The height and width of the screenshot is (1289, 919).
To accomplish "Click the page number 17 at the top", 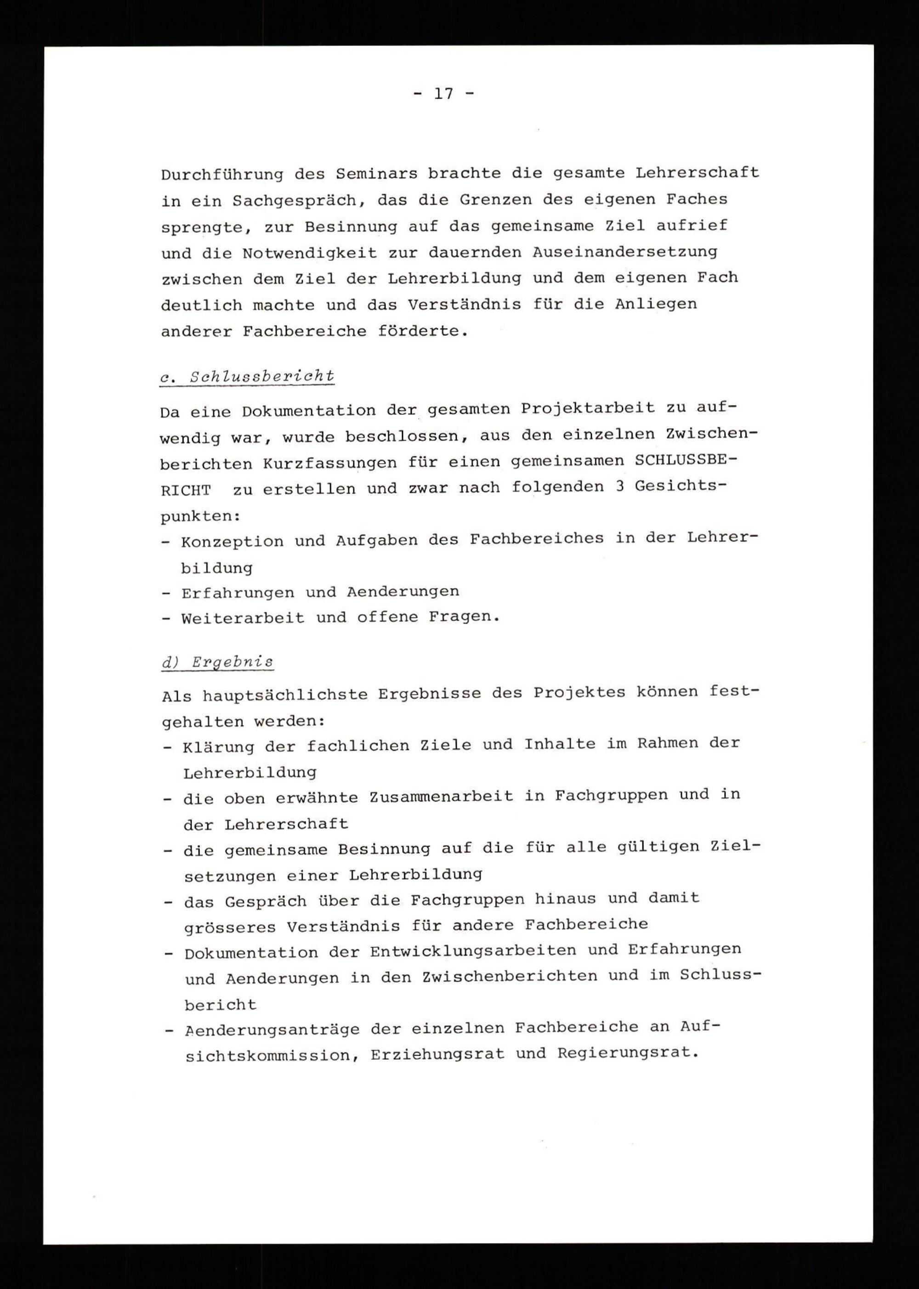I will [444, 94].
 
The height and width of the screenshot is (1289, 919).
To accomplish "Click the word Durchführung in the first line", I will [222, 174].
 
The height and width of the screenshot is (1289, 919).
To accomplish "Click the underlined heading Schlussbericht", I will [262, 377].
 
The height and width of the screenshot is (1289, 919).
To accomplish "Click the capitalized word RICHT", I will [186, 490].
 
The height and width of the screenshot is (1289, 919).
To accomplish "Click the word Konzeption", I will [232, 541].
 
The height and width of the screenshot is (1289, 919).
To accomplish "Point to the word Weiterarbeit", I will [243, 618].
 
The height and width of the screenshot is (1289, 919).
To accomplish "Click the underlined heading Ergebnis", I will [232, 662].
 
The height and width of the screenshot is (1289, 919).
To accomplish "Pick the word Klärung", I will [218, 747].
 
